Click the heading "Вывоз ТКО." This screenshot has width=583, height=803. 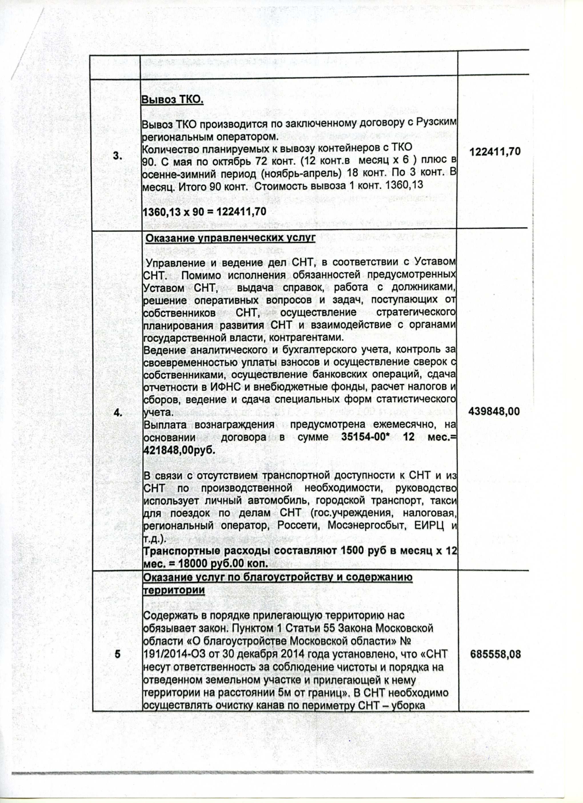click(172, 100)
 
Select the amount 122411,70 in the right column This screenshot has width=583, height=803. click(495, 152)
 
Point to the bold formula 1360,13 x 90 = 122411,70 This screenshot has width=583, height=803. click(204, 211)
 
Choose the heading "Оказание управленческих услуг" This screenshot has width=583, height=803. click(230, 238)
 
